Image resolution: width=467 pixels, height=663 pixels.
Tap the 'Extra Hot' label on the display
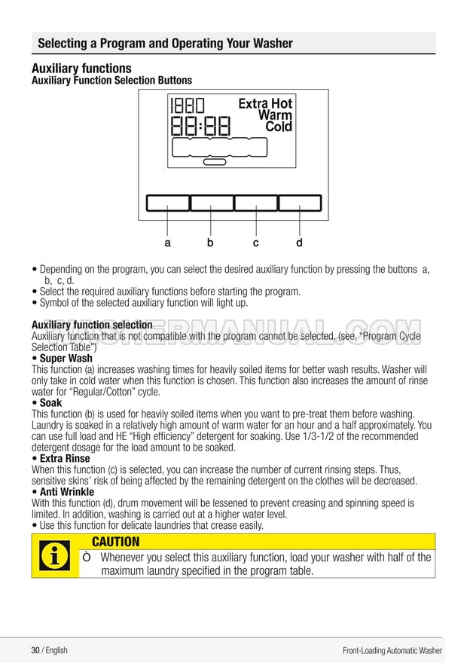(265, 104)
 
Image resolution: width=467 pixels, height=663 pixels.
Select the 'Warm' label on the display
(275, 115)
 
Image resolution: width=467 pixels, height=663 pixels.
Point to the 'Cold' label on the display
(279, 127)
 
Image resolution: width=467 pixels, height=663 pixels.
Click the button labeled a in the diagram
(167, 203)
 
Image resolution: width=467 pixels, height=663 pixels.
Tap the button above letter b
(212, 203)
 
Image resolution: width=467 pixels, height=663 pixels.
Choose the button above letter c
(256, 203)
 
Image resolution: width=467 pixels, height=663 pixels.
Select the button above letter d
(300, 203)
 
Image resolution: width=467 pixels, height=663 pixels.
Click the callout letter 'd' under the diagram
(299, 243)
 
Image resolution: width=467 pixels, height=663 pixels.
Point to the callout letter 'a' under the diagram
(167, 243)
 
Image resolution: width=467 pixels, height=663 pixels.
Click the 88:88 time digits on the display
(200, 125)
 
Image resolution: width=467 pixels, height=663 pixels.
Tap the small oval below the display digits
(215, 162)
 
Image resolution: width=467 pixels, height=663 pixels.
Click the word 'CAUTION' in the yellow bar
(115, 542)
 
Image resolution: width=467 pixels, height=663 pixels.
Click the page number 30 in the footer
(35, 650)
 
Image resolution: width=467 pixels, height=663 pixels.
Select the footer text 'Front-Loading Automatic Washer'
(392, 650)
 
